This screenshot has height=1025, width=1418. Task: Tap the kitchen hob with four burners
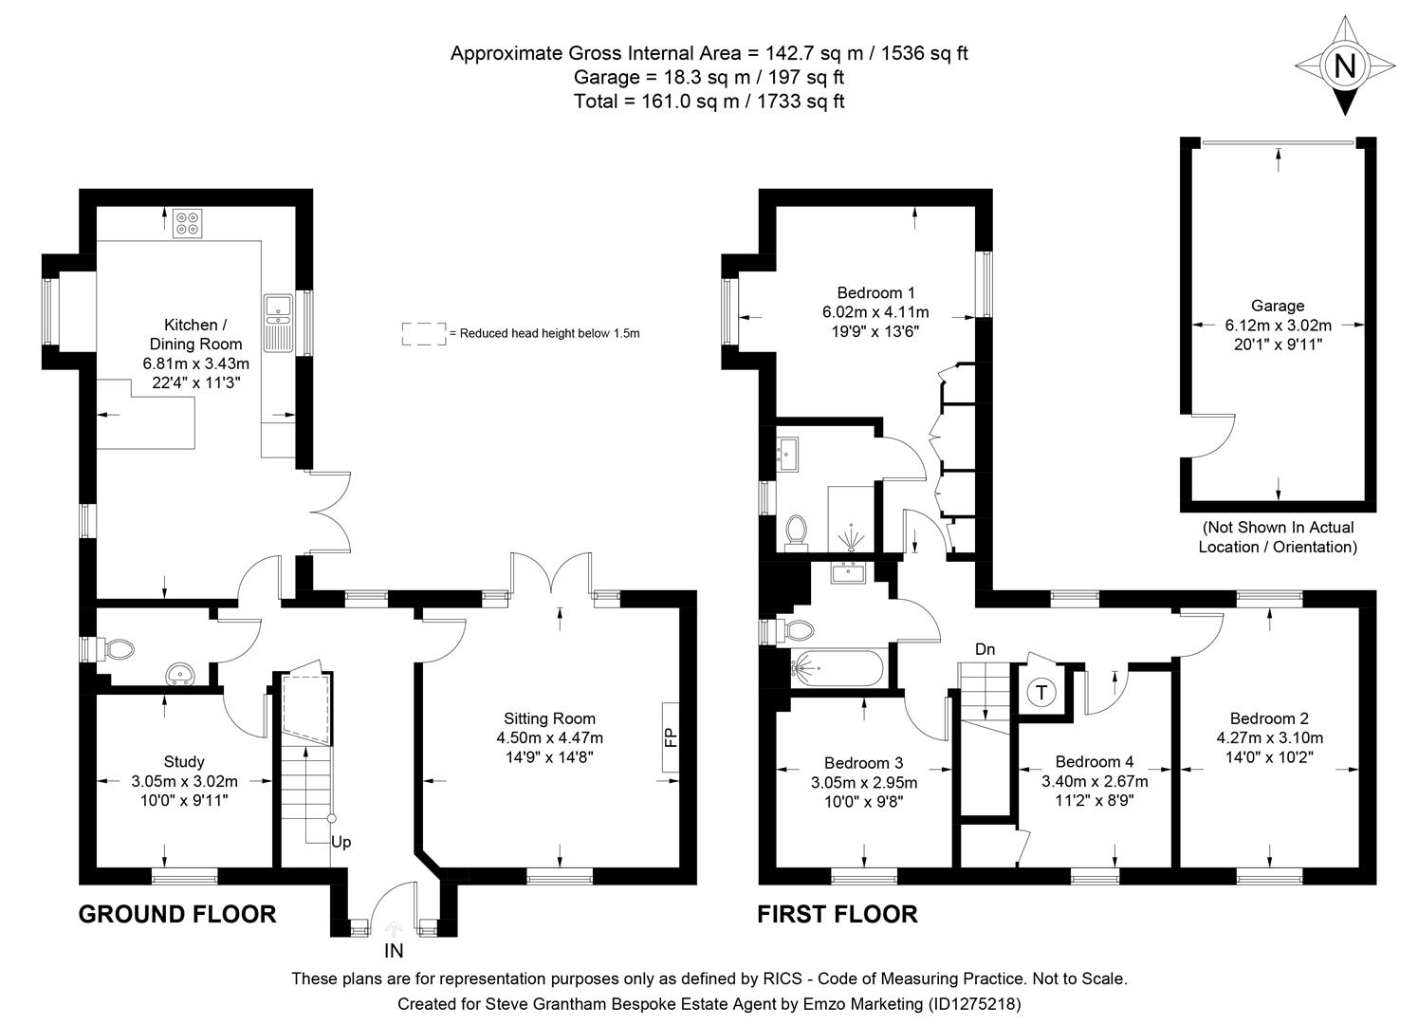pos(187,222)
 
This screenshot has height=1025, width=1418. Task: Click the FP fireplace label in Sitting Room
pos(671,736)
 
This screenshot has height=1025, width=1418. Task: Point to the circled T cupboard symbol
pos(1041,692)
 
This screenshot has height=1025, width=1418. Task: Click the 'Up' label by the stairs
pos(341,842)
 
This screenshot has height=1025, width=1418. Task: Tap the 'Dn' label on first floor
pos(985,649)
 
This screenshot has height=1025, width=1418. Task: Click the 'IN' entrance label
pos(394,950)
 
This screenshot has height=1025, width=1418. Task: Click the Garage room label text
pos(1277,306)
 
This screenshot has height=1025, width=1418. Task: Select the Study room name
pos(184,761)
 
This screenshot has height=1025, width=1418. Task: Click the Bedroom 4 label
pos(1094,761)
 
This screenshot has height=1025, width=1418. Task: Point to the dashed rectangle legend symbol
pos(423,333)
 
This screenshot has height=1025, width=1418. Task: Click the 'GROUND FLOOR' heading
pos(176,914)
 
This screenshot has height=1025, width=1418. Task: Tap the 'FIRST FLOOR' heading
pos(837,914)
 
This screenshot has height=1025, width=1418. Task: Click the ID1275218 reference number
pos(974,1003)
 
